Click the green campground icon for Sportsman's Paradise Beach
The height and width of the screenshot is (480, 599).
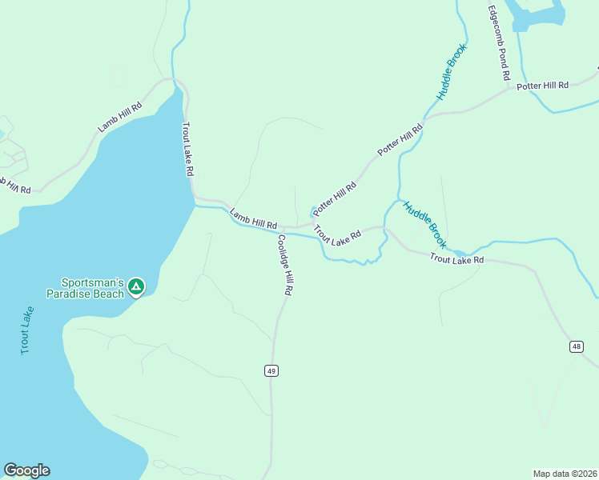coord(136,286)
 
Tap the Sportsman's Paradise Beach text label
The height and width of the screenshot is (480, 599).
coord(93,288)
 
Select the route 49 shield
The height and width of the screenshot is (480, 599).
coord(271,370)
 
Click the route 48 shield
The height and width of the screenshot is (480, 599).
coord(577,346)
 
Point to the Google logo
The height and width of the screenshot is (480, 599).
coord(26,470)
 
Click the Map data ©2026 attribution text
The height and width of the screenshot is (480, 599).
coord(565,473)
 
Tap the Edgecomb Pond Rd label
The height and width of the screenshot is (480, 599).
coord(499,44)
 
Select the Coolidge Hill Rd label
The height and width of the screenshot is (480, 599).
coord(284,266)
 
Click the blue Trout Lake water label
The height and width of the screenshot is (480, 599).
coord(27,330)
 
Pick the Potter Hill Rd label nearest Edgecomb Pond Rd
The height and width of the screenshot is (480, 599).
coord(542,86)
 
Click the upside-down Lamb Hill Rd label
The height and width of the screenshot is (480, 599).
coord(14,186)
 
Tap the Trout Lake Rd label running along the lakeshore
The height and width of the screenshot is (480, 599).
coord(188,149)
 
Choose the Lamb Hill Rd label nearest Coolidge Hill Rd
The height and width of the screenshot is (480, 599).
coord(253,219)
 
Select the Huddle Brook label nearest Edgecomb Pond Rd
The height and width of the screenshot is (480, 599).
coord(451,72)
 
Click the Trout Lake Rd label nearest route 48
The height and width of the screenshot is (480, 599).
coord(456,258)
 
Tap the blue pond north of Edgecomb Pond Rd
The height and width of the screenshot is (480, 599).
coord(538,14)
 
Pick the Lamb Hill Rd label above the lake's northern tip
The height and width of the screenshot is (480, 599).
coord(120,117)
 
